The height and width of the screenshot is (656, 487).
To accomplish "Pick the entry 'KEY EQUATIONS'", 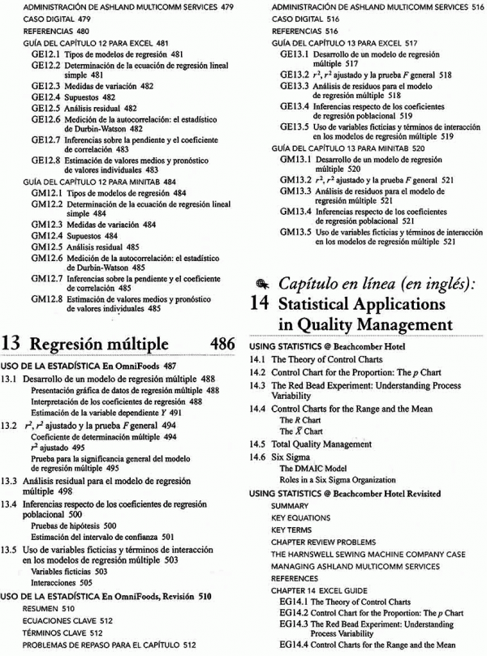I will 289,517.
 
